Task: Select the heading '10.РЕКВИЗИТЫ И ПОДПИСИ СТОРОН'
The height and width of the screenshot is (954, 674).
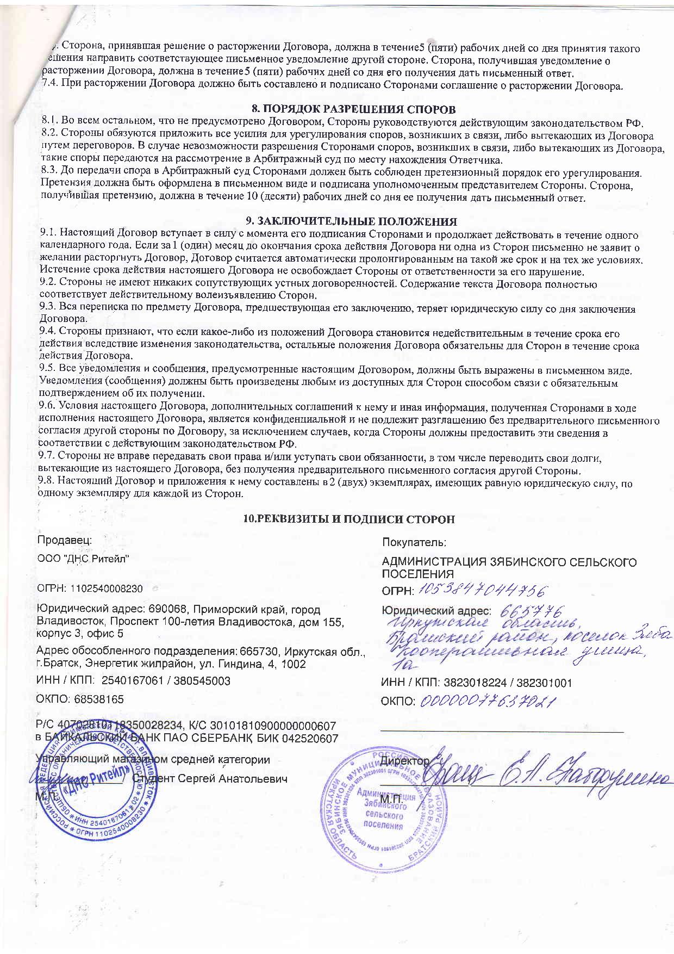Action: click(x=348, y=519)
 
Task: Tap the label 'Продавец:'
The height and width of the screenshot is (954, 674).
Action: click(x=64, y=540)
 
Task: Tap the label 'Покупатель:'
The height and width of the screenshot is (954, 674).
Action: click(x=414, y=542)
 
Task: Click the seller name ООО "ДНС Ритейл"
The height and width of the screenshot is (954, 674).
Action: click(x=83, y=559)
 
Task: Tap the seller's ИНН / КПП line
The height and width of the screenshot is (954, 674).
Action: click(x=133, y=681)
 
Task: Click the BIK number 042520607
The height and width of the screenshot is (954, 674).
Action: click(x=310, y=738)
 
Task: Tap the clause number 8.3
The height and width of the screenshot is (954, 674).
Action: click(x=50, y=173)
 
